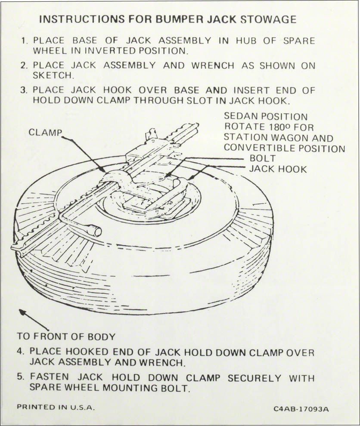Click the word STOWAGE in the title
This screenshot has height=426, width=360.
click(272, 19)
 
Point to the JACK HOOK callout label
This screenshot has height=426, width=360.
click(278, 169)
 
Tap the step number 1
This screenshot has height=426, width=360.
click(24, 41)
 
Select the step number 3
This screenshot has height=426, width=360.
click(24, 91)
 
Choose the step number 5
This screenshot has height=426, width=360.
click(20, 377)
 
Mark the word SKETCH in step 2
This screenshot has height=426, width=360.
click(53, 76)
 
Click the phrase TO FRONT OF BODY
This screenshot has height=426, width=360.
click(66, 336)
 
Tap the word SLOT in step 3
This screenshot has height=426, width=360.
click(220, 101)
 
